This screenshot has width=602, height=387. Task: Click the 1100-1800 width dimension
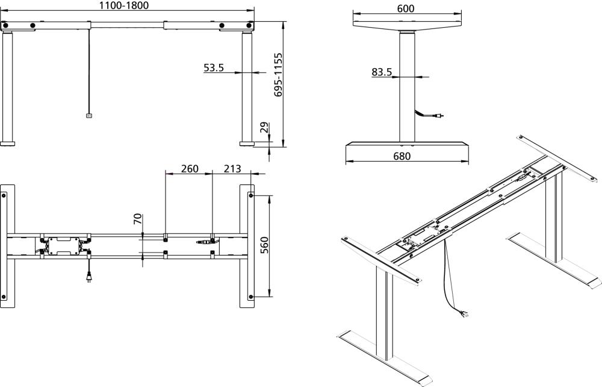pyautogui.click(x=124, y=5)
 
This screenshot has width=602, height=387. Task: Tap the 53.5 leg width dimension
pyautogui.click(x=214, y=68)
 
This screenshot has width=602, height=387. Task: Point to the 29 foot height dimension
pyautogui.click(x=263, y=128)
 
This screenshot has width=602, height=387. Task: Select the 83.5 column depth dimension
pyautogui.click(x=382, y=72)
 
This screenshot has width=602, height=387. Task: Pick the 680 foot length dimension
pyautogui.click(x=402, y=156)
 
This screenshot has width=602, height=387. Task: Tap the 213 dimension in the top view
pyautogui.click(x=233, y=168)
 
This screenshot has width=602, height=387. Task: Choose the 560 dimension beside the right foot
pyautogui.click(x=264, y=246)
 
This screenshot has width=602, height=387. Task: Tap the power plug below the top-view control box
pyautogui.click(x=89, y=278)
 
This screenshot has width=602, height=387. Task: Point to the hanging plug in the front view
pyautogui.click(x=89, y=116)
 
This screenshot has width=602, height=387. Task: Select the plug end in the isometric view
pyautogui.click(x=464, y=312)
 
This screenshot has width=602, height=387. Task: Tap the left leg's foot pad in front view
pyautogui.click(x=8, y=143)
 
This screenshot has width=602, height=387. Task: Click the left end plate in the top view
pyautogui.click(x=7, y=246)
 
